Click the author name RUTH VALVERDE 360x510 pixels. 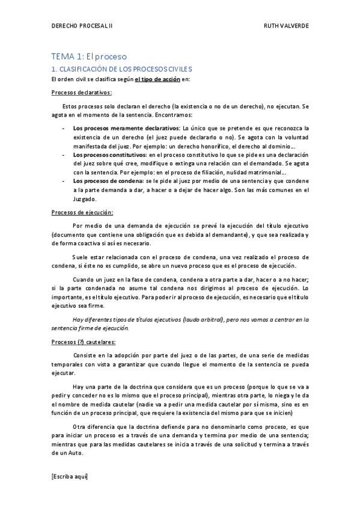click(x=285, y=27)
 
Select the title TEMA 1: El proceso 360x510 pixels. click(x=89, y=57)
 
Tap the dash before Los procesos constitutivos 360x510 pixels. click(x=64, y=155)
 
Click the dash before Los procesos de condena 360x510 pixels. click(x=64, y=181)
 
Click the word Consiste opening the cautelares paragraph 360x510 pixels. click(x=86, y=355)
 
